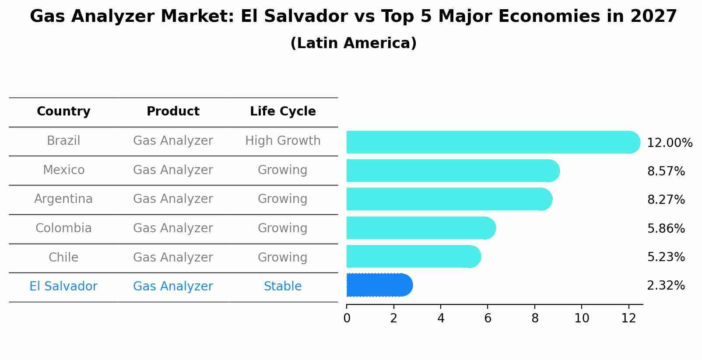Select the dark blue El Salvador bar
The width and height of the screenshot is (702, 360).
[x=379, y=285]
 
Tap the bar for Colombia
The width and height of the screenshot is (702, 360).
[x=420, y=228]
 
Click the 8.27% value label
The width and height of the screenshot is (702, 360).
[x=666, y=200]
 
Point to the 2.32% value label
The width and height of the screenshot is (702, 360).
[x=666, y=286]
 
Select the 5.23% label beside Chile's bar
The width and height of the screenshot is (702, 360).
[x=666, y=257]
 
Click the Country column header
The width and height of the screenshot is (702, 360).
[x=63, y=112]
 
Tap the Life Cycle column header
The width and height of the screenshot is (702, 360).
[x=283, y=112]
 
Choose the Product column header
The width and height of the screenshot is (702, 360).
[x=173, y=112]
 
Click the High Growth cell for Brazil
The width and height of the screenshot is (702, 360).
[x=283, y=141]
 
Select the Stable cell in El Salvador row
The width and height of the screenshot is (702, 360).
[x=283, y=287]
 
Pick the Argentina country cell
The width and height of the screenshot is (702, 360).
[x=63, y=199]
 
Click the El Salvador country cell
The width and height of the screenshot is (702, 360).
[x=63, y=287]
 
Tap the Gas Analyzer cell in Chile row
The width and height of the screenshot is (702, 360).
[x=173, y=257]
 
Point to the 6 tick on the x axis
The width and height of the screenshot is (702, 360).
[x=488, y=318]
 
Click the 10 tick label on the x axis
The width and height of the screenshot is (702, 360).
[x=582, y=318]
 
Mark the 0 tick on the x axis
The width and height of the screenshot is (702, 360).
[x=347, y=318]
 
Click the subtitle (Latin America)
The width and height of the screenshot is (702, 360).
[x=353, y=43]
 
